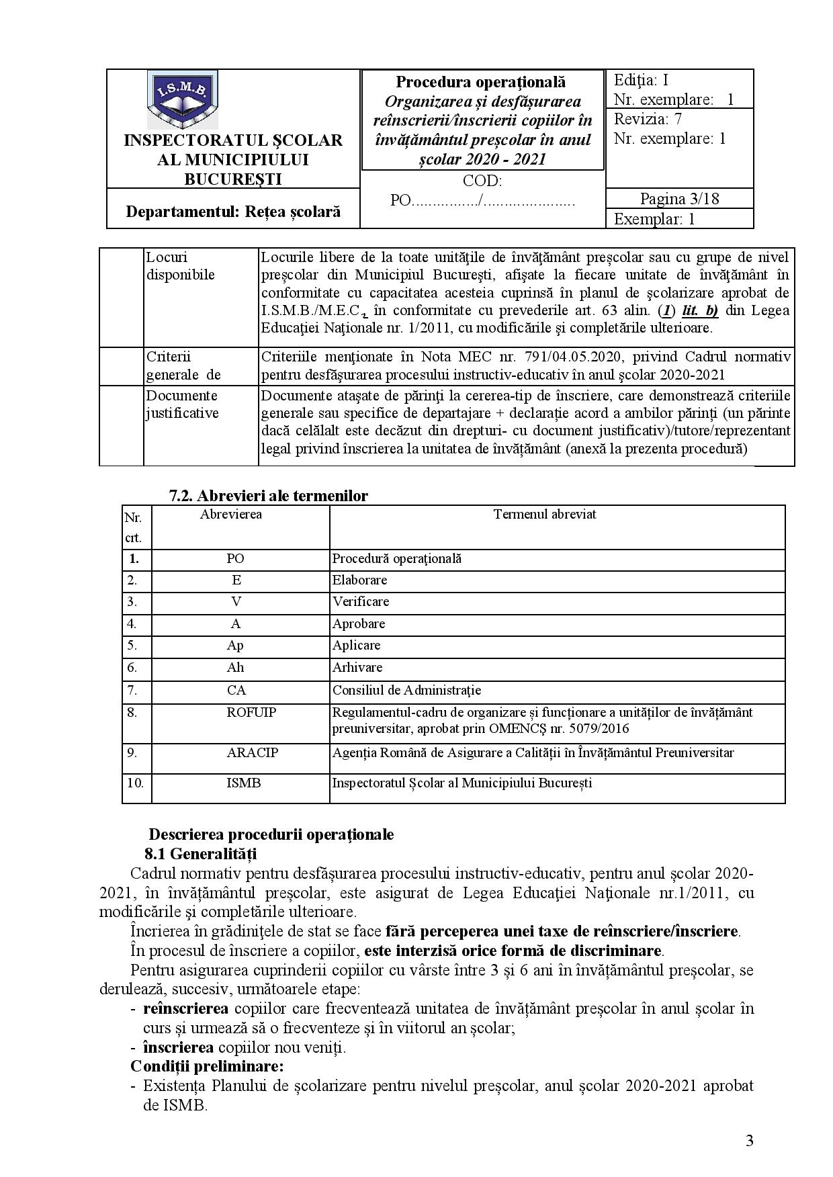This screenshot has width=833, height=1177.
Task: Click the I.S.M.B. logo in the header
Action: tap(183, 100)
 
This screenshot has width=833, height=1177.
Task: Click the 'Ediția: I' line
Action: tap(641, 81)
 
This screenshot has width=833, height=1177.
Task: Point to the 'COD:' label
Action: tap(482, 181)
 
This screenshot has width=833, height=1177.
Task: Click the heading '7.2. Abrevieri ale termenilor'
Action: tap(269, 496)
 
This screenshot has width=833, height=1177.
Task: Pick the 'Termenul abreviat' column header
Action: tap(545, 515)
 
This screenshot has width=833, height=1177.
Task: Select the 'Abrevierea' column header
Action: tap(231, 515)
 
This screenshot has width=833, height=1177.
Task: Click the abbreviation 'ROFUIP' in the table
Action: tap(251, 712)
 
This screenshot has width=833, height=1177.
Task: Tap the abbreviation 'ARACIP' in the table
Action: tap(253, 752)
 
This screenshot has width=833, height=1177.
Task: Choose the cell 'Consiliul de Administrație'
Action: tap(406, 690)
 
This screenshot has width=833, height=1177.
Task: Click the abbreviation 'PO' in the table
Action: tap(235, 558)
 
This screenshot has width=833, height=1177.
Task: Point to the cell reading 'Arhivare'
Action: tap(357, 667)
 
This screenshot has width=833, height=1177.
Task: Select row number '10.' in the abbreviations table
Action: tap(136, 783)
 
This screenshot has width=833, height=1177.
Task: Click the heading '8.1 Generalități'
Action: tap(200, 854)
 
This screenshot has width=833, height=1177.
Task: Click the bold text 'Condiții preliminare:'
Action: tap(207, 1066)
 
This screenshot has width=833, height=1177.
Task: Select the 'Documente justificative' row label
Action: tap(182, 404)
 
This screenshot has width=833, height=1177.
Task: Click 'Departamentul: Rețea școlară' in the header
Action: tap(233, 212)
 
